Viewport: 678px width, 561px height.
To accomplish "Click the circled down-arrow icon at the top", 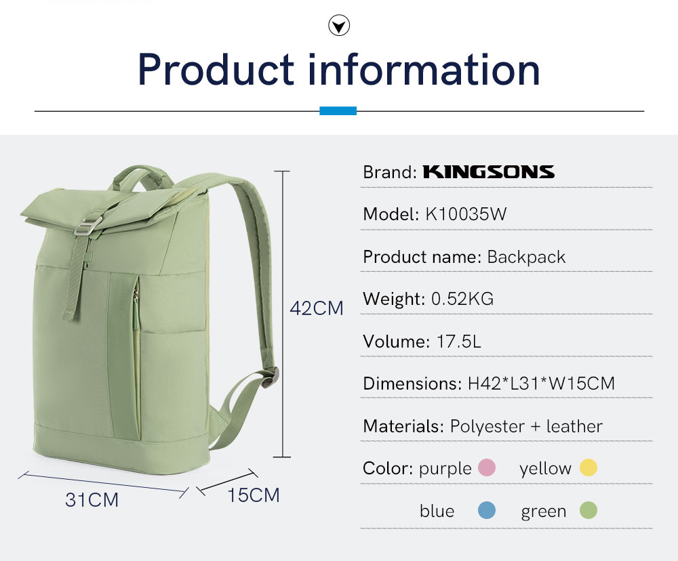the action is coord(339,25).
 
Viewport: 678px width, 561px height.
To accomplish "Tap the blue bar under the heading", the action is coord(338,110).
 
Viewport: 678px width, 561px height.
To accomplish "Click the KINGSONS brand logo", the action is coord(489,171).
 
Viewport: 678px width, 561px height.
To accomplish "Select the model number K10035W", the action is coord(466,214).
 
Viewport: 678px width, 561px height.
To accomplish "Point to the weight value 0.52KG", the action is coord(462,299).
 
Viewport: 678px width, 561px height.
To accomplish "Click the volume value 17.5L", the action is coord(459,341).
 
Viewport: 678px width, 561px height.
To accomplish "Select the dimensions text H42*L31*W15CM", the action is coord(541,383).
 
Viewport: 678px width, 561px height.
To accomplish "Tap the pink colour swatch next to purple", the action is coord(486,467).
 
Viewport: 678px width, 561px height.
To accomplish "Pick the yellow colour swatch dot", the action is coord(589,467).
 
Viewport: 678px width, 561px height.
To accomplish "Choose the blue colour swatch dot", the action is coord(486,510).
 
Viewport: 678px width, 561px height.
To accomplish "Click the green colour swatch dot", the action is coord(589,510).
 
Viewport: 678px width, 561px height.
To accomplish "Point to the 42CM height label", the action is coord(317,308).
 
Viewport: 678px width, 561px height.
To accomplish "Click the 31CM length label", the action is coord(92,499).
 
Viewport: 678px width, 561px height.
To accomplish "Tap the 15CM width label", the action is coord(254,495).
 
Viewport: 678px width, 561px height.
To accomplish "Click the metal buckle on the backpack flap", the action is coord(87,226).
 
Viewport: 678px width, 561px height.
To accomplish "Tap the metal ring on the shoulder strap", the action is coord(271,377).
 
